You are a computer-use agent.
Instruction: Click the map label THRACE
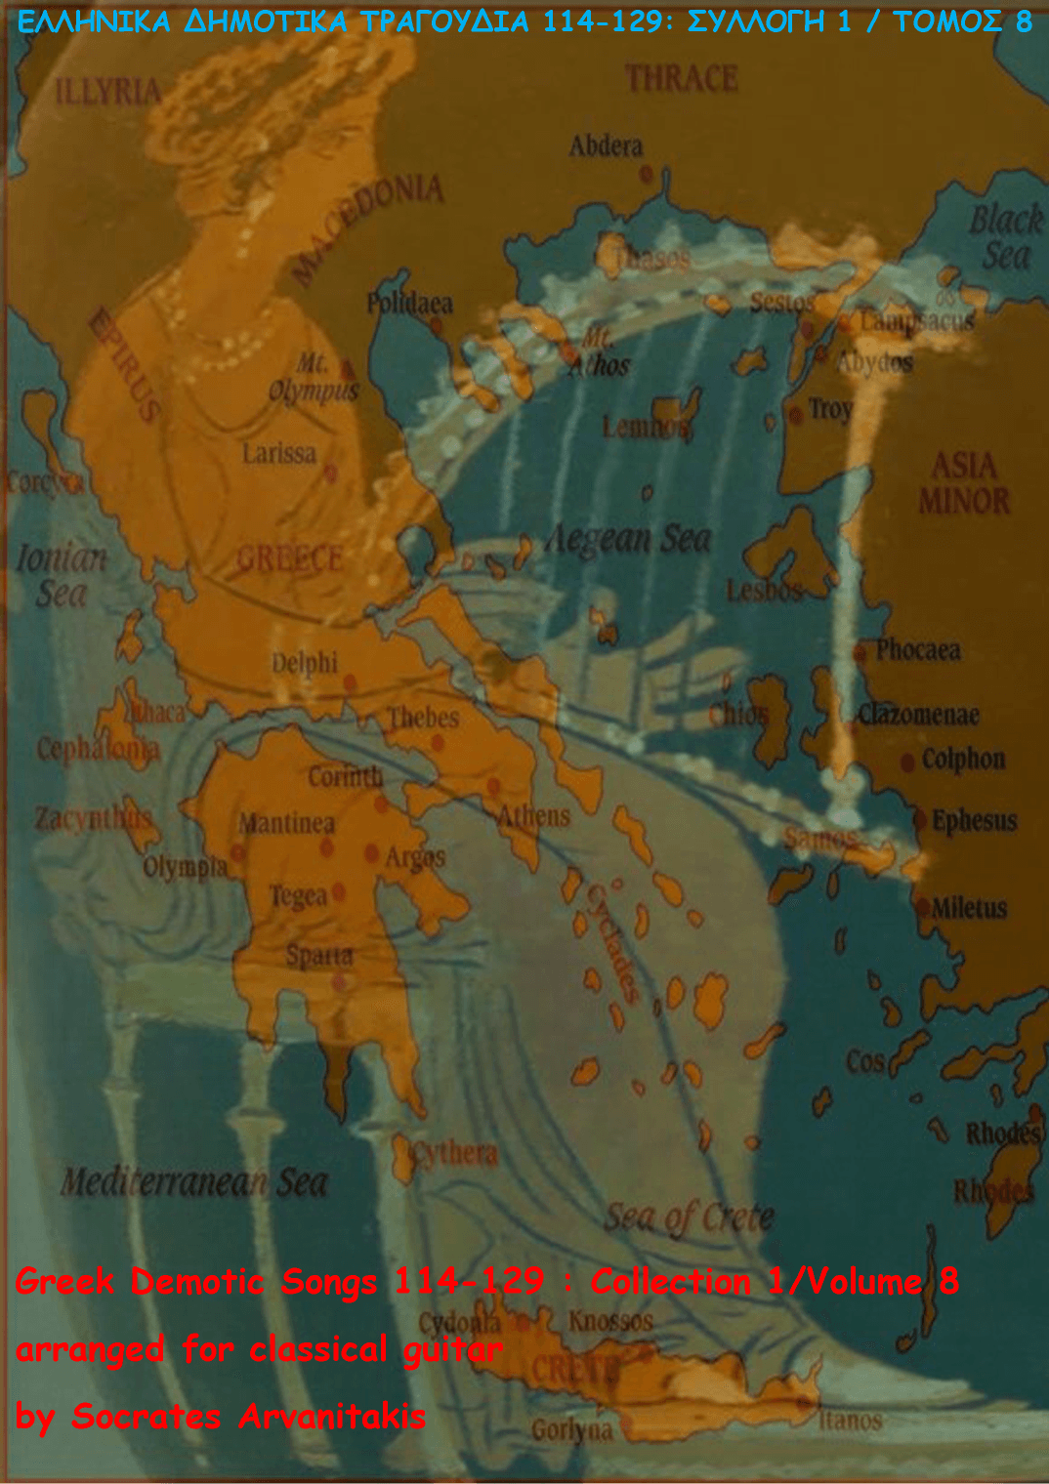pyautogui.click(x=682, y=79)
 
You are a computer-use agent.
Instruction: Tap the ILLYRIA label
pyautogui.click(x=108, y=92)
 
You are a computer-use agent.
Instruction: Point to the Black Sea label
pyautogui.click(x=1005, y=237)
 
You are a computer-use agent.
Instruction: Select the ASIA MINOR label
pyautogui.click(x=963, y=483)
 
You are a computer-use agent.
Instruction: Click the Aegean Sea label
pyautogui.click(x=628, y=538)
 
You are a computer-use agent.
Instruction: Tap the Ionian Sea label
pyautogui.click(x=61, y=575)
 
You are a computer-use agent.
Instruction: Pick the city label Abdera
pyautogui.click(x=606, y=146)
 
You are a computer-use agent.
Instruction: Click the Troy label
pyautogui.click(x=830, y=409)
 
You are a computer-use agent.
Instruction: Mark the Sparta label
pyautogui.click(x=319, y=956)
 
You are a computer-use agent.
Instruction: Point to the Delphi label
pyautogui.click(x=304, y=663)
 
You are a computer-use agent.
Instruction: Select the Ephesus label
pyautogui.click(x=974, y=821)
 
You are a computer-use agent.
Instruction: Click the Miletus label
pyautogui.click(x=968, y=909)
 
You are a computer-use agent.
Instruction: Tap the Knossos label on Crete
pyautogui.click(x=610, y=1321)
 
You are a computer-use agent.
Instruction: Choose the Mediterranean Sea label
pyautogui.click(x=193, y=1182)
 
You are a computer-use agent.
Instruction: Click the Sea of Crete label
pyautogui.click(x=689, y=1216)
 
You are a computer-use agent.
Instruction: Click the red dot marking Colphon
pyautogui.click(x=907, y=761)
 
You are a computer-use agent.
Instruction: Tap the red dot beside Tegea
pyautogui.click(x=339, y=891)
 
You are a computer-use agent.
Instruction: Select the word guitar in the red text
pyautogui.click(x=450, y=1350)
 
